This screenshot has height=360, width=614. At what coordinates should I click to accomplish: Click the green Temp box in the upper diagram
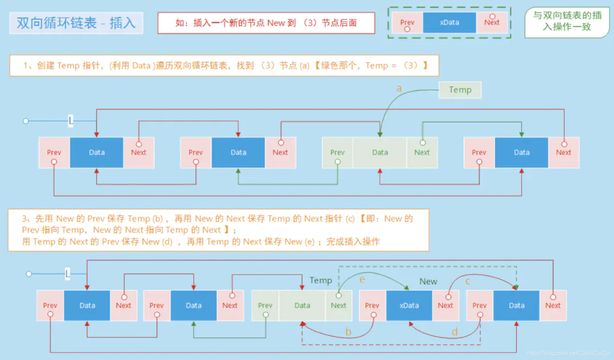tap(460, 90)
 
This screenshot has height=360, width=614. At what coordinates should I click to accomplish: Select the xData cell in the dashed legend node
tap(449, 22)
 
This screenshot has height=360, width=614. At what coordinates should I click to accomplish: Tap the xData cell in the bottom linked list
tap(409, 306)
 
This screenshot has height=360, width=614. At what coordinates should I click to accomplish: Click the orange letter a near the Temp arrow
tap(399, 88)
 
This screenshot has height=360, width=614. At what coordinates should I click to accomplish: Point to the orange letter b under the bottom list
tap(348, 332)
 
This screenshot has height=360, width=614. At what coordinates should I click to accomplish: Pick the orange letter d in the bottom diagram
tap(455, 332)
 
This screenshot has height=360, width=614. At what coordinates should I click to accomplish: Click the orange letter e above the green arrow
tap(362, 280)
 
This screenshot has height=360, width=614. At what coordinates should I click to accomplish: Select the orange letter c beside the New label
tap(467, 281)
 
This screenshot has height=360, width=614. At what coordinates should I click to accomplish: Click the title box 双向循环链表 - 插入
tap(76, 23)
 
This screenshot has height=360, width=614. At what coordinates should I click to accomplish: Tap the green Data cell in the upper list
tap(380, 152)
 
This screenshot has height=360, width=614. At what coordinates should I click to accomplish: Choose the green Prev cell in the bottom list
tap(265, 306)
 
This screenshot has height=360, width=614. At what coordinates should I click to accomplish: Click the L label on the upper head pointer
tap(71, 121)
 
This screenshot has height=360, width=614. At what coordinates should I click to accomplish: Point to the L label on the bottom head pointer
tap(67, 274)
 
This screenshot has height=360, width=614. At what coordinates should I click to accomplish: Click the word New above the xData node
tap(428, 281)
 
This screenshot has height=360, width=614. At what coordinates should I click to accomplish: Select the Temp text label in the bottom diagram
tap(320, 280)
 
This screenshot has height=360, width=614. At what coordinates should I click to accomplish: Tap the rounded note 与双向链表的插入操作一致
tap(567, 21)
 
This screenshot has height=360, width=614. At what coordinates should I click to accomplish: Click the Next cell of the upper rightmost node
tap(563, 152)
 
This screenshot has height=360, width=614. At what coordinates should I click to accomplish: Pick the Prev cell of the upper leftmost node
tap(54, 152)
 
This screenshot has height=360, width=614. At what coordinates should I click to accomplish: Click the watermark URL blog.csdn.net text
tap(568, 353)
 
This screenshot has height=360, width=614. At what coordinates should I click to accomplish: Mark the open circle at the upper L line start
tap(26, 121)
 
